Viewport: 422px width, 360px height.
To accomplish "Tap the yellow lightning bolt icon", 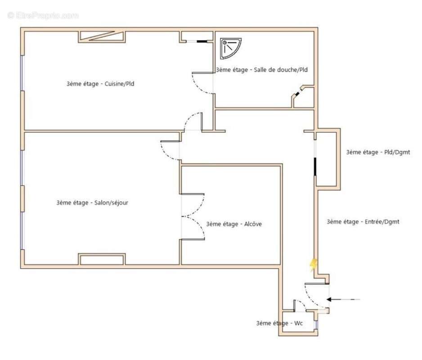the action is (x=314, y=265).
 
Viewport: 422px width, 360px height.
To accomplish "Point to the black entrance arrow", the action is (x=343, y=299).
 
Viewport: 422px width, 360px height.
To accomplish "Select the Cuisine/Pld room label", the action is (x=100, y=84).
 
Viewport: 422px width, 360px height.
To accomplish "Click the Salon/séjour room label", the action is (x=92, y=203).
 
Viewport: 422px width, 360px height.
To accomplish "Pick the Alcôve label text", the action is (x=234, y=224).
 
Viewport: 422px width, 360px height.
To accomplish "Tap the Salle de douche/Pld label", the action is (x=261, y=70).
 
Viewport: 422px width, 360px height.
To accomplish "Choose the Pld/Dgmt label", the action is (x=378, y=152).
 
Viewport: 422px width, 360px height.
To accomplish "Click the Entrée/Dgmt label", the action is (x=363, y=221).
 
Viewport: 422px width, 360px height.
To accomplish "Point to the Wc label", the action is (x=279, y=323).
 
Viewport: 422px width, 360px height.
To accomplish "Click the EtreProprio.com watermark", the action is (x=43, y=15).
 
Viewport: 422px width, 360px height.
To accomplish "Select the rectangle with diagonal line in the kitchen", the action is (x=102, y=36).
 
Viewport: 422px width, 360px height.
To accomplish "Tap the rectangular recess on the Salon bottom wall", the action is (x=102, y=260).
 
